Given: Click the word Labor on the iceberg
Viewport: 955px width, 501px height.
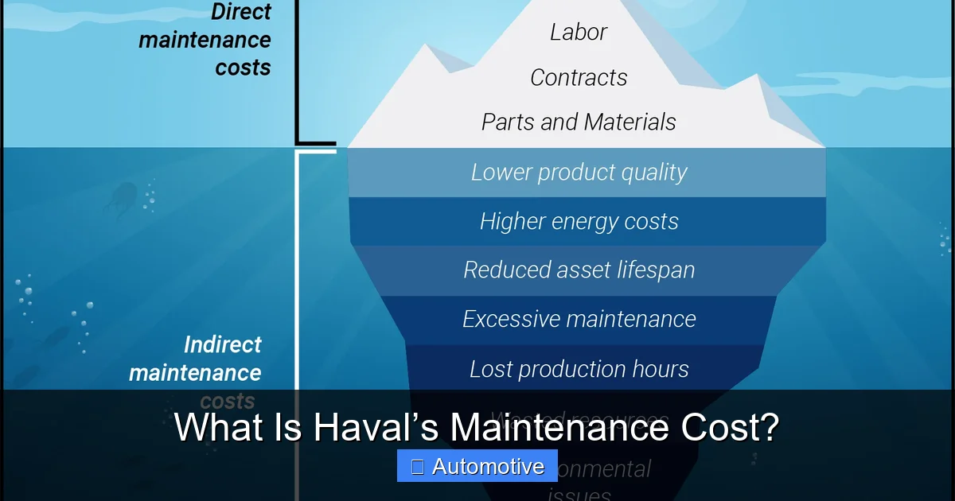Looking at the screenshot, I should pyautogui.click(x=579, y=33).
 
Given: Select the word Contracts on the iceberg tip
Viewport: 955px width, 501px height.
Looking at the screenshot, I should pyautogui.click(x=579, y=78).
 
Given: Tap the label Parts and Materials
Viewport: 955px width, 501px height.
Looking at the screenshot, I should pyautogui.click(x=579, y=122).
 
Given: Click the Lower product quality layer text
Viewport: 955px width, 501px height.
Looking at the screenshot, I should pyautogui.click(x=579, y=173).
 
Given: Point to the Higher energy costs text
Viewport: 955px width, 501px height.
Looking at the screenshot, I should pyautogui.click(x=579, y=222).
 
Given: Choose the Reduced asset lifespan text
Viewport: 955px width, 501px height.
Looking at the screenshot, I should pyautogui.click(x=579, y=270).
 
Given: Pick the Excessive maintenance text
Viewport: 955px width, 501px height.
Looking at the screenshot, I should pyautogui.click(x=579, y=320).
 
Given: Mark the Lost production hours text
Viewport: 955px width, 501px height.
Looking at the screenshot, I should pyautogui.click(x=579, y=369).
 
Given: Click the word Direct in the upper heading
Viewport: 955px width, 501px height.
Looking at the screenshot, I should pyautogui.click(x=240, y=12).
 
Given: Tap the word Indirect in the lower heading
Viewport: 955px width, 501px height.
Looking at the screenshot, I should pyautogui.click(x=222, y=345).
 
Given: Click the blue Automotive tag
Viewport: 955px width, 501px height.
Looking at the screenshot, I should pyautogui.click(x=477, y=466).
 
